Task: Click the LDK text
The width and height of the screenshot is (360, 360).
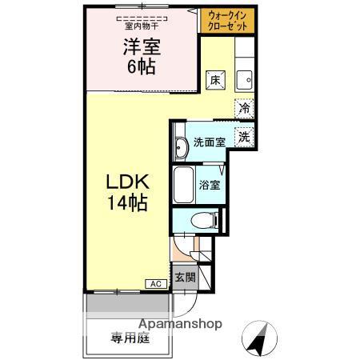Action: pos(126,184)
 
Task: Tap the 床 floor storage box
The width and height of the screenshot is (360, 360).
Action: pos(215,80)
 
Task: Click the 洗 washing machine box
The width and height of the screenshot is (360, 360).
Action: pos(244,136)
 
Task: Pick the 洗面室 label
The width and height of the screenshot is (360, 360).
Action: pos(207,145)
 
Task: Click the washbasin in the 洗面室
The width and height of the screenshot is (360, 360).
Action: pos(180,146)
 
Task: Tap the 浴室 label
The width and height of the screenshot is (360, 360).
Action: pos(210,184)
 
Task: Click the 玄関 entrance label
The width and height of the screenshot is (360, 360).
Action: pos(185,278)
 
